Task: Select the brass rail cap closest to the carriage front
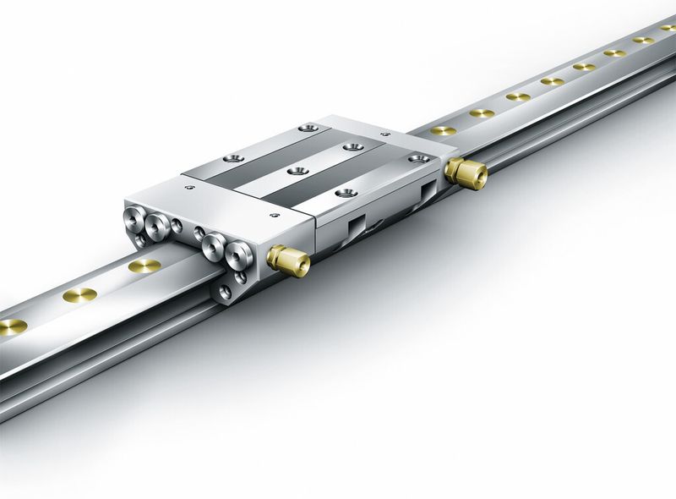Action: (144, 266)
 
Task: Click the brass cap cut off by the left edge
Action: (10, 326)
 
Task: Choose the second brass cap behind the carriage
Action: (482, 112)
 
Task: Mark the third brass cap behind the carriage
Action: (517, 96)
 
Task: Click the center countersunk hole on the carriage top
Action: (293, 171)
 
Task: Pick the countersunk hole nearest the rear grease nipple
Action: (417, 157)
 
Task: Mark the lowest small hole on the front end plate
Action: (224, 292)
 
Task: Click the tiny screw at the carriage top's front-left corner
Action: (185, 180)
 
